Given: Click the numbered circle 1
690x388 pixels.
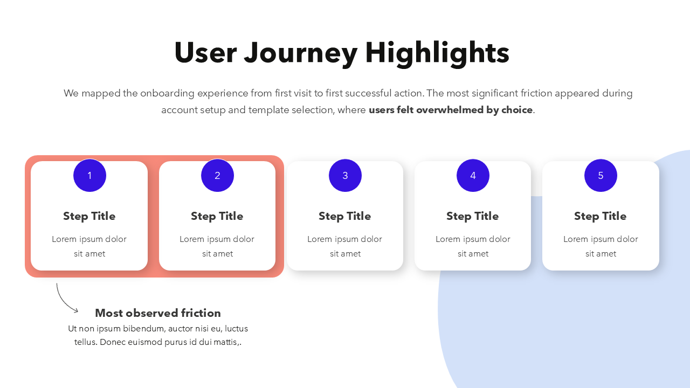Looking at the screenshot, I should pyautogui.click(x=89, y=175).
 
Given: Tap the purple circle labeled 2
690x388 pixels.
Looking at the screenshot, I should pyautogui.click(x=217, y=175).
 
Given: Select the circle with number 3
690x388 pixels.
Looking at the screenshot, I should pyautogui.click(x=345, y=175).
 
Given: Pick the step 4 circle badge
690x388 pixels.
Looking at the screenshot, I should pyautogui.click(x=473, y=175).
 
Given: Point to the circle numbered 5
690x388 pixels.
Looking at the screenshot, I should pyautogui.click(x=601, y=175).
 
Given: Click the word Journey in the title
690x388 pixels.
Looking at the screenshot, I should pyautogui.click(x=301, y=53).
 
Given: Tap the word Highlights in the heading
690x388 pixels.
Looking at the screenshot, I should pyautogui.click(x=437, y=53).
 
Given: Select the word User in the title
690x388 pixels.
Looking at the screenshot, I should pyautogui.click(x=205, y=53).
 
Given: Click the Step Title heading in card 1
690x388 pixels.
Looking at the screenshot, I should pyautogui.click(x=89, y=216).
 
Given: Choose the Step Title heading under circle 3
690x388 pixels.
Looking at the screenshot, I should pyautogui.click(x=345, y=216).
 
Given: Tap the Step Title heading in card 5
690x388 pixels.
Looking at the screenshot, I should pyautogui.click(x=601, y=216).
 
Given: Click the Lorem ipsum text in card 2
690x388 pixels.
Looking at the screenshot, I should pyautogui.click(x=217, y=246).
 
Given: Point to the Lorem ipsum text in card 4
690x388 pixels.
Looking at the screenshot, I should pyautogui.click(x=473, y=246).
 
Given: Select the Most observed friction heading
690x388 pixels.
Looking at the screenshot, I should pyautogui.click(x=158, y=313).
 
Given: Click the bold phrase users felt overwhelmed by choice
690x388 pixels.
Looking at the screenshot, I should pyautogui.click(x=451, y=110).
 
